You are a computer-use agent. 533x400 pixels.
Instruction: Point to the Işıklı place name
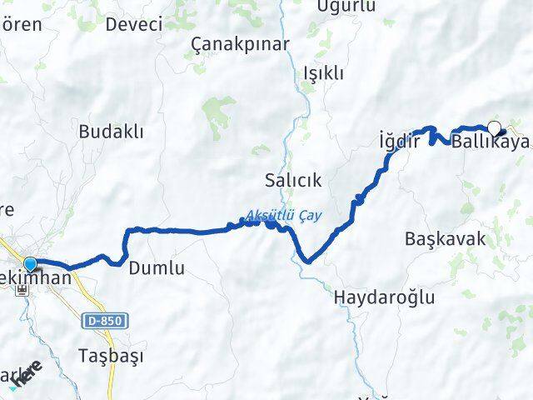click(x=324, y=73)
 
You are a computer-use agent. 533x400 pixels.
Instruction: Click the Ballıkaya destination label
click(x=490, y=142)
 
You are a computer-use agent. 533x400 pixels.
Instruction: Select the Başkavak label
click(x=444, y=239)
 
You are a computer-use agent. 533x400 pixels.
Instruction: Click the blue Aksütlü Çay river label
click(x=283, y=214)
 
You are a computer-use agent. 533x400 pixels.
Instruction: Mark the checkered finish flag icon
click(x=503, y=132)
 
